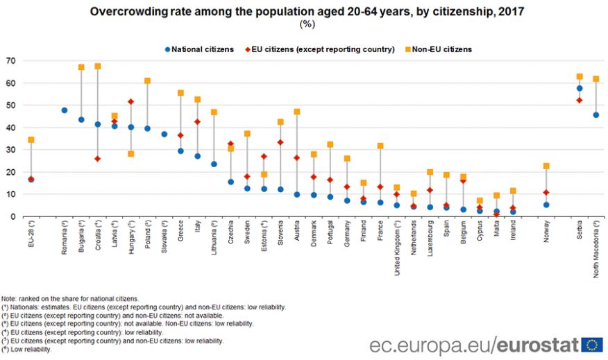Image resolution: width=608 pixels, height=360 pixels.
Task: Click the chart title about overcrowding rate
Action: point(304,11)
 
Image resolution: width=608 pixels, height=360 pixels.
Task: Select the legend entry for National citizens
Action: point(199,49)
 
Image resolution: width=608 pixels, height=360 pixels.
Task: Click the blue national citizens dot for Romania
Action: point(65,110)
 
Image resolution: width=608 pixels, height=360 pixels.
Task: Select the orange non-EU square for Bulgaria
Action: point(81,67)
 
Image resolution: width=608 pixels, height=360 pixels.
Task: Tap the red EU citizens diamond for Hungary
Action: point(131,102)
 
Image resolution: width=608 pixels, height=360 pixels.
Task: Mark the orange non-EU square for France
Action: point(380,146)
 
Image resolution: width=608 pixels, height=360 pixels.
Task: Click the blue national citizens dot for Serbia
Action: point(580,88)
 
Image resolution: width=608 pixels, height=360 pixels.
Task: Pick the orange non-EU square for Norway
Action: point(546,166)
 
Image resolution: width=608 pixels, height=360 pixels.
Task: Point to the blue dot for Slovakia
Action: point(164,134)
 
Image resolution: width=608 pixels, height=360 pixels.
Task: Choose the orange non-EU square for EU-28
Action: point(31,139)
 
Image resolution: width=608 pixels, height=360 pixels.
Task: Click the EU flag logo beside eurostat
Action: point(592,344)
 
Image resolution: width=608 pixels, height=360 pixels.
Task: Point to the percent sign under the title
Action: point(304,24)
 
